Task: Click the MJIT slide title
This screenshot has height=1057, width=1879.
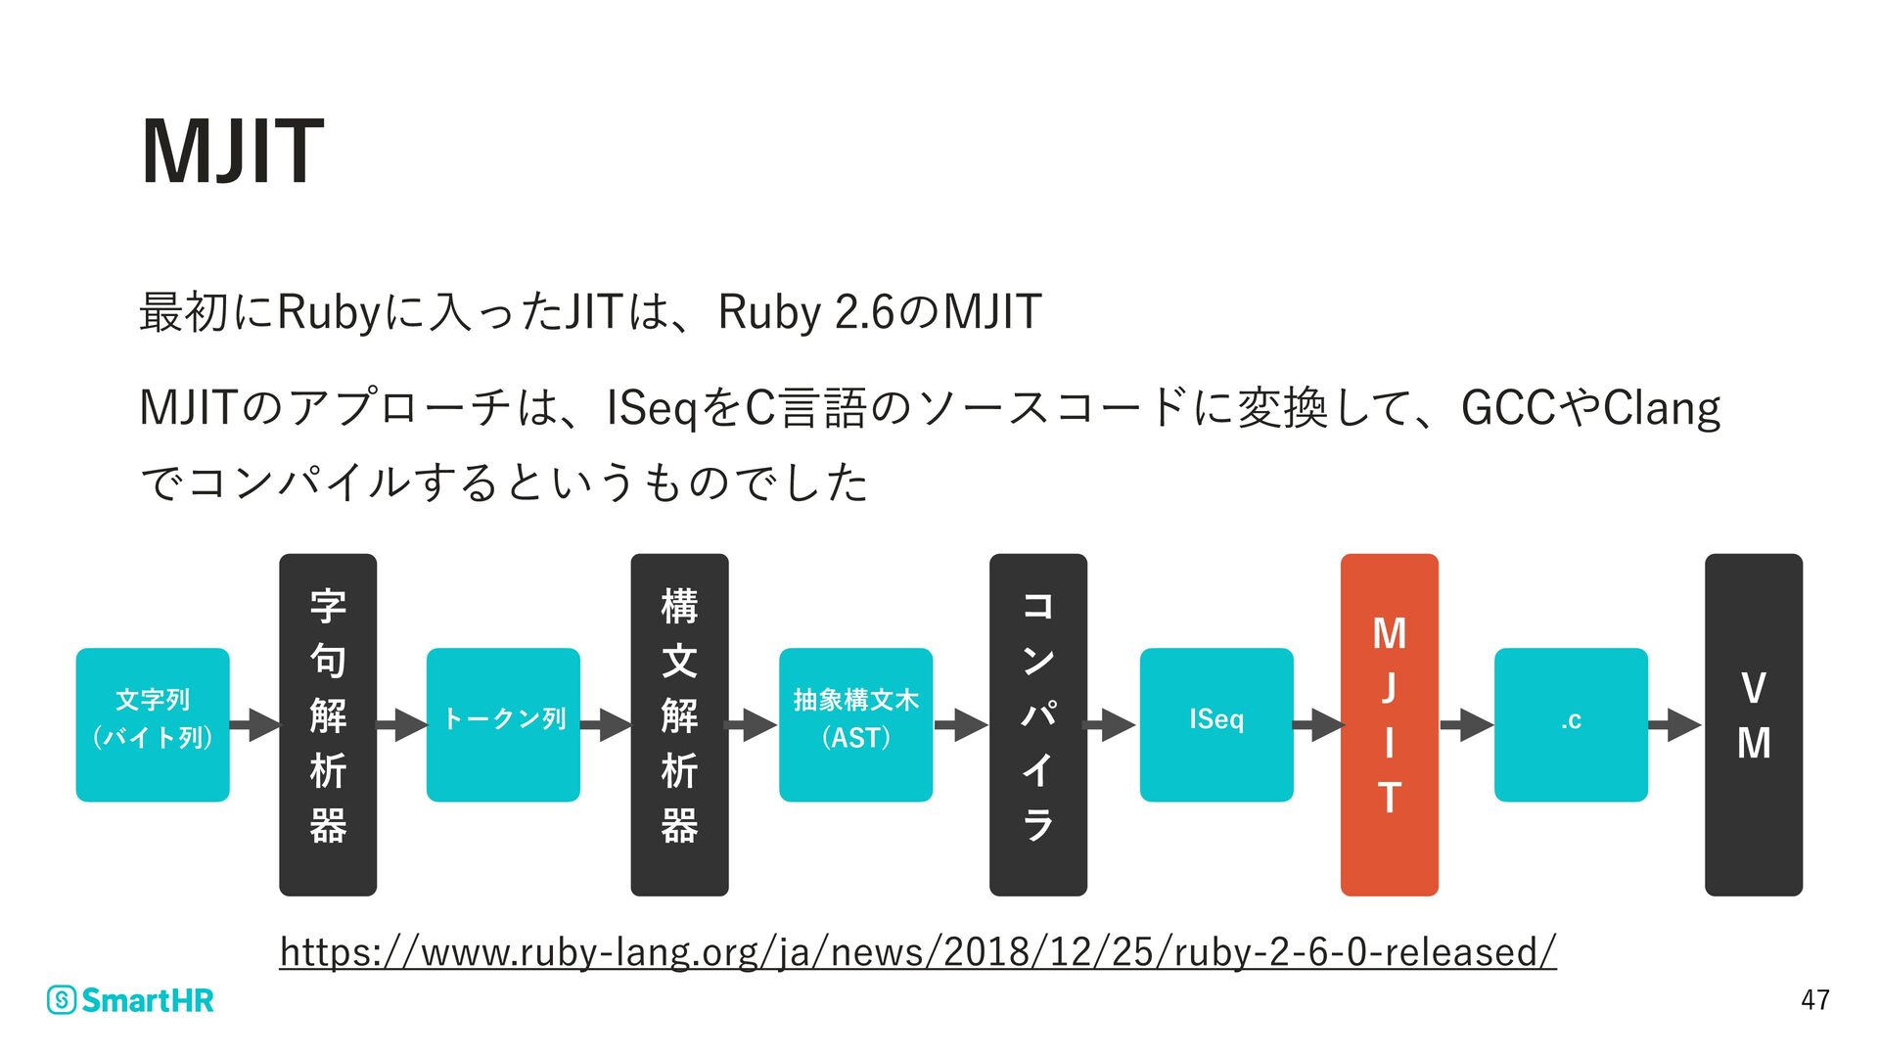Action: [232, 151]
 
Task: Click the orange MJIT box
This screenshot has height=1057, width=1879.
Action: [1389, 724]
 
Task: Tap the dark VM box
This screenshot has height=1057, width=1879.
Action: [1753, 724]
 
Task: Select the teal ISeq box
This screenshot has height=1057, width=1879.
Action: [1216, 724]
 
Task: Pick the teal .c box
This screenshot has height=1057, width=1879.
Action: [1571, 724]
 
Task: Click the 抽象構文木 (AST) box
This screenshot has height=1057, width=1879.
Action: [855, 724]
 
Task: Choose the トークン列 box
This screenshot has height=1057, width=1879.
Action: [503, 724]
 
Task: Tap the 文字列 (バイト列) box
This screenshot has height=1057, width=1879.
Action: [153, 724]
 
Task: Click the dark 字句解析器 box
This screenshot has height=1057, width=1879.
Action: [328, 724]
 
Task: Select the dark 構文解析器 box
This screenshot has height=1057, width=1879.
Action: [679, 724]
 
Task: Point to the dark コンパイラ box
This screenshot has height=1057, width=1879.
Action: [1037, 724]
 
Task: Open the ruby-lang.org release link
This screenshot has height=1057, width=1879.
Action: [917, 951]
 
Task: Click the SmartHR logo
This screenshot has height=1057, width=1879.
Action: [130, 1000]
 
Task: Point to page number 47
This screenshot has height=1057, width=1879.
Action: [1815, 999]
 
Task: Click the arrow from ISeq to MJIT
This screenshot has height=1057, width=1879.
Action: [1318, 725]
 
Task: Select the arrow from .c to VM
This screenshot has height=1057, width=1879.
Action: [1675, 725]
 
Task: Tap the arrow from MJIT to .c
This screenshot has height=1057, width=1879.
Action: [1466, 725]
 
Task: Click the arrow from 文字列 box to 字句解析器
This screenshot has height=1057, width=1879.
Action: [255, 725]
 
